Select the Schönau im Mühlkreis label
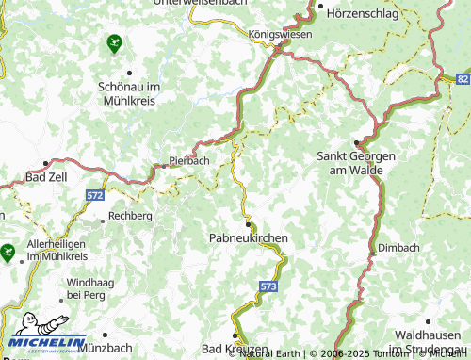[130, 91]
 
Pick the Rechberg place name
[131, 216]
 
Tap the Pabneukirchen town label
[247, 239]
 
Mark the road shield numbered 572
[94, 194]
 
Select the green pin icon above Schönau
[115, 42]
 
